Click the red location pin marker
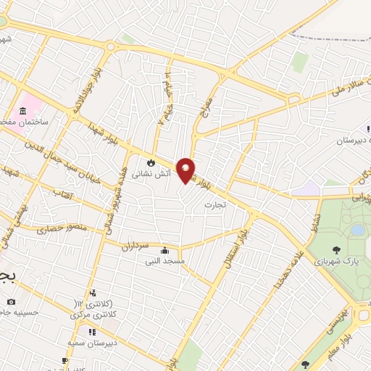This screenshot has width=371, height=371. (x=186, y=170)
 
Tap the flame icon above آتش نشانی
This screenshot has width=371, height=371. (x=151, y=162)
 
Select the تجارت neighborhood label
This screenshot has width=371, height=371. (x=215, y=205)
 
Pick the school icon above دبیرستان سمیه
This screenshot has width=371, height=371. (x=92, y=332)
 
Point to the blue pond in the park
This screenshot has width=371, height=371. (x=357, y=230)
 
